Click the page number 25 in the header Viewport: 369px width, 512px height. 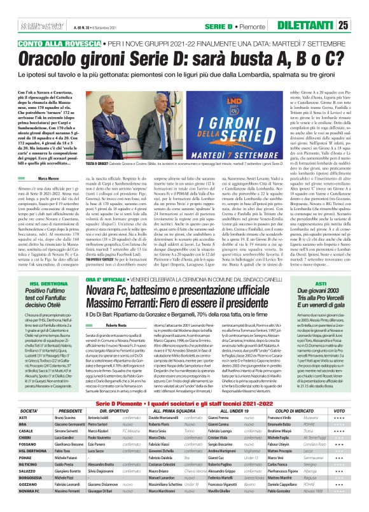(360, 25)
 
